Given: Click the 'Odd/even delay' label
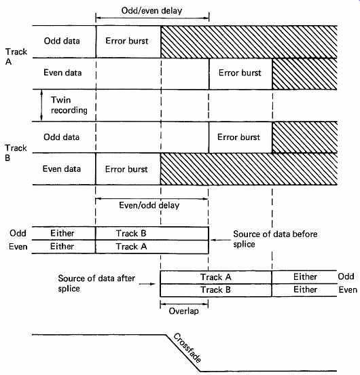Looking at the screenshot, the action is (151, 11).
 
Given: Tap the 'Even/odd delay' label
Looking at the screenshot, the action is (149, 205).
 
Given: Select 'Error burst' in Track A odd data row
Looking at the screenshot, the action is (127, 41).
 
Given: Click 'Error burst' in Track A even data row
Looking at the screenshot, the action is (240, 73).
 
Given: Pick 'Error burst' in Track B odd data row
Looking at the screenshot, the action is (238, 137).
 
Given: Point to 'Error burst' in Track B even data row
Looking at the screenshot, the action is (126, 169).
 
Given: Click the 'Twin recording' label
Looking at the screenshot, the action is (69, 105).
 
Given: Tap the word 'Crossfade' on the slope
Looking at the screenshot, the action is (187, 348).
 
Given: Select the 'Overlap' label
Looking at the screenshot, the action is (183, 311).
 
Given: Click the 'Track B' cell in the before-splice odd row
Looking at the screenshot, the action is (131, 233).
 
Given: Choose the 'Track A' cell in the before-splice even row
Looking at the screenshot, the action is (131, 247).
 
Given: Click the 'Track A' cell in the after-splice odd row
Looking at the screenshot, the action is (215, 277).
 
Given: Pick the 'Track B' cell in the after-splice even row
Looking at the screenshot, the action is (215, 289).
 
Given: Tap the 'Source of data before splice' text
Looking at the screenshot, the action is (275, 239).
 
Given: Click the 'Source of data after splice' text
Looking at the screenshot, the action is (96, 283).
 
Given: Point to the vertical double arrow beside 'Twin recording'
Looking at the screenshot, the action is (41, 105).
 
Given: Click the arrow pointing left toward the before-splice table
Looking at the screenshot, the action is (221, 240).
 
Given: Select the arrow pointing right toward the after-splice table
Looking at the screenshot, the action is (147, 284).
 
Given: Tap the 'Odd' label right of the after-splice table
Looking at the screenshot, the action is (346, 276).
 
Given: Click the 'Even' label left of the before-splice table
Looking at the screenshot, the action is (18, 247).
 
